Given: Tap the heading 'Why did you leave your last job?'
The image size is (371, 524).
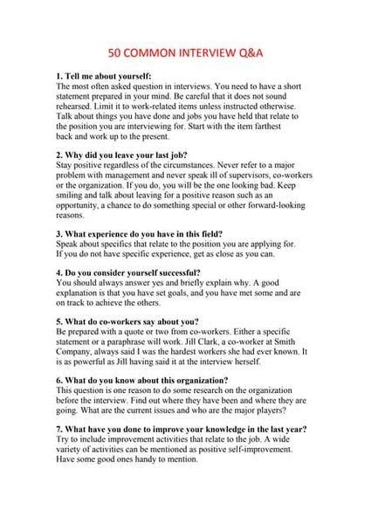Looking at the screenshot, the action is [x=129, y=154].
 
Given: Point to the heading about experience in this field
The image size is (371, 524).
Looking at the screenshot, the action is [x=140, y=234].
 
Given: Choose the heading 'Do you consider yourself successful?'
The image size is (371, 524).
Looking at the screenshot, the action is [x=140, y=273].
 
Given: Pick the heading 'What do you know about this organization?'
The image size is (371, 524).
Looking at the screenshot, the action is [x=143, y=381].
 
